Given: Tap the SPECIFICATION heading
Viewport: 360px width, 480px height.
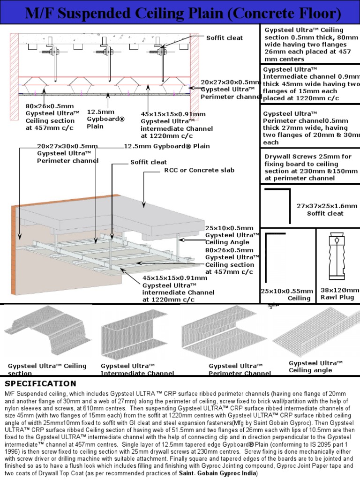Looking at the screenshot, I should coord(40,384).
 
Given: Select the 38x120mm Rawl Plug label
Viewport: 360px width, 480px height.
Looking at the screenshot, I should coord(339,294).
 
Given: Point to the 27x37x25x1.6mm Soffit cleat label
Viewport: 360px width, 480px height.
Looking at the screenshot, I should coord(326,210).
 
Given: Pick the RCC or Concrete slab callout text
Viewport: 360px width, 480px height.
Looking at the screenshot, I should coord(199,170).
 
